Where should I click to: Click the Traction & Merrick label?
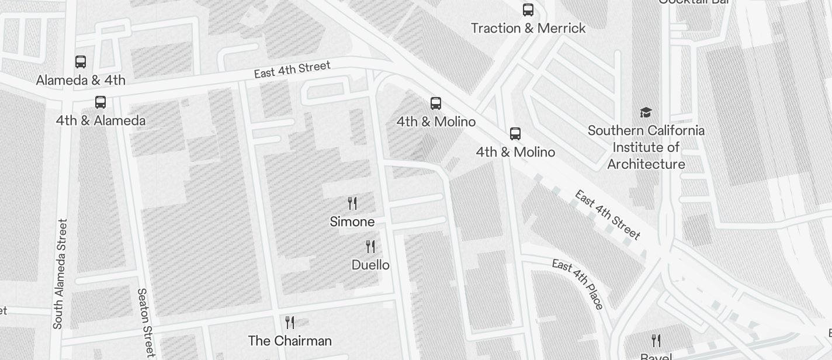(528, 28)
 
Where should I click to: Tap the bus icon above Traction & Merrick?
(528, 9)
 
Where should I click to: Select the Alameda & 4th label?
(81, 80)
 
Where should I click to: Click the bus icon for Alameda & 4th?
(81, 61)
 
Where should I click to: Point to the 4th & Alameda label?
(100, 121)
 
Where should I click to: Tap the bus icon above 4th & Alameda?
(100, 102)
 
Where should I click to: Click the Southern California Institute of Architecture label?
(646, 147)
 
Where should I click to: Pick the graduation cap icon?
(646, 112)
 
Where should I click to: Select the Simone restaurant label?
(352, 222)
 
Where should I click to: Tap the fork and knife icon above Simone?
(352, 203)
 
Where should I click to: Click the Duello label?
(370, 265)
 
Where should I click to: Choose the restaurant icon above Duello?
(370, 247)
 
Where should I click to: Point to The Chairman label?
(290, 341)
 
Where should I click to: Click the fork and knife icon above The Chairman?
(290, 322)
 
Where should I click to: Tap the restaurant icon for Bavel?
(656, 340)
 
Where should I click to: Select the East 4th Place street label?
(577, 284)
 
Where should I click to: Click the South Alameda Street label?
(60, 274)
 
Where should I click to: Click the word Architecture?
(646, 164)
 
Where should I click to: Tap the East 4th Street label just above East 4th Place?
(608, 215)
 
